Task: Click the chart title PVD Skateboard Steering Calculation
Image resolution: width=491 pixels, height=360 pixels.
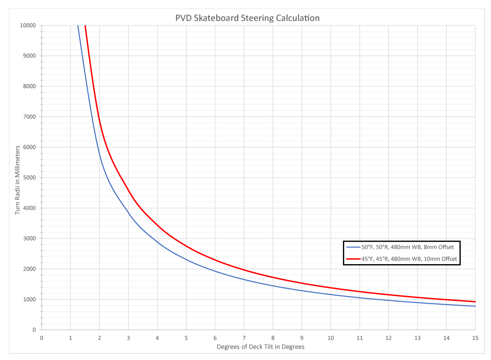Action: coord(247,18)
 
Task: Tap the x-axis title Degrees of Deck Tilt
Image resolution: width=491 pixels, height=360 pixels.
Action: coord(261,347)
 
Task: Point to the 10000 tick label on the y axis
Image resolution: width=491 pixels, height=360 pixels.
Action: coord(28,25)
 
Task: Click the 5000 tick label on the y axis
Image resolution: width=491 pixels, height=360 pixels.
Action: coord(29,178)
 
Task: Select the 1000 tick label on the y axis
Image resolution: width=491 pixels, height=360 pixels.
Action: coord(29,300)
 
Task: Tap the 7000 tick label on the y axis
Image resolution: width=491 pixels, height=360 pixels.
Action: coord(29,117)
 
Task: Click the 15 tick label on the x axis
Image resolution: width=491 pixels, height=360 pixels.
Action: coord(475,337)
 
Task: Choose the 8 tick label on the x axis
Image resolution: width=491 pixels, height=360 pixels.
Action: coord(273,337)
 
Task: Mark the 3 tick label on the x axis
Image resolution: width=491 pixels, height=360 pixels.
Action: coord(128,337)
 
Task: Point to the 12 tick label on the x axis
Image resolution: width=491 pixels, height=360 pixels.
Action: coord(388,337)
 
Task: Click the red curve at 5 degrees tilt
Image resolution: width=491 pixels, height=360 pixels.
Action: coord(186,246)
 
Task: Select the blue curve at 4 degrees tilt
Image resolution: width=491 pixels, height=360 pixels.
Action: coord(157,242)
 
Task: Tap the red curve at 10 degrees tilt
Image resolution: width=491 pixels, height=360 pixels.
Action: coord(330,288)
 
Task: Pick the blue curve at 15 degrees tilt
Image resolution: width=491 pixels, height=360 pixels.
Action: coord(475,306)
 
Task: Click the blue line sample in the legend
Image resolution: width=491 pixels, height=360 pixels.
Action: coord(353,247)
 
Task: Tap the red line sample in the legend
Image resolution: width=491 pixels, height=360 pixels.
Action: coord(353,259)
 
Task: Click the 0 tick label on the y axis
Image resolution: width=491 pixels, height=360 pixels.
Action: coord(34,330)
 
